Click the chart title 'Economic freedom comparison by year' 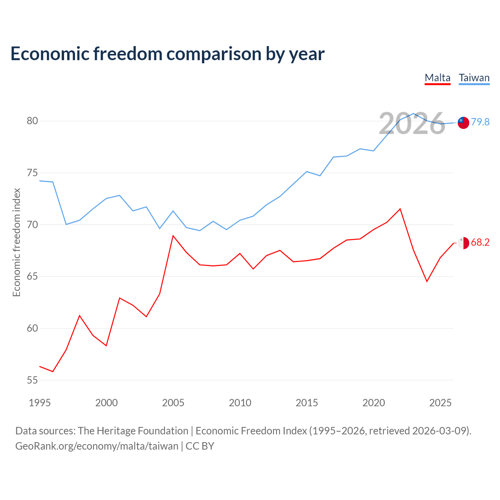167,54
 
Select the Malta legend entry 437,78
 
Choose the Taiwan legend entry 474,78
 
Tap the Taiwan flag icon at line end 463,123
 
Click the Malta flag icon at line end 463,243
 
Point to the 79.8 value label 480,122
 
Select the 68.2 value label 480,242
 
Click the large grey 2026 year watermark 412,123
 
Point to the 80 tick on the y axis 32,121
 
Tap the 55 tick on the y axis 32,380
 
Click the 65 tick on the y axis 32,276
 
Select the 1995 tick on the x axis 40,403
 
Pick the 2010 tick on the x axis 240,403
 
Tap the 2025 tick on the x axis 440,403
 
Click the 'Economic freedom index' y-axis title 17,242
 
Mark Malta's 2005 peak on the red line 173,236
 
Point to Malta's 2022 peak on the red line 400,209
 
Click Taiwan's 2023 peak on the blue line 414,113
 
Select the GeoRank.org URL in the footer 97,446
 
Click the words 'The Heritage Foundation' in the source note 133,431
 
